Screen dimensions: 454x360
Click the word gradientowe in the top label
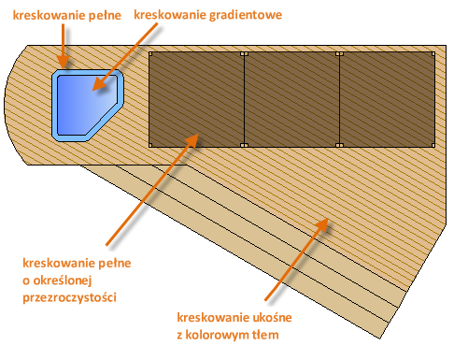[x=246, y=15]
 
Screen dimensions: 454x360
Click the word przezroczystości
[x=69, y=297]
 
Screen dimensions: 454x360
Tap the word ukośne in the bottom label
[x=272, y=317]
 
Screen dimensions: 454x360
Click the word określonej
[x=63, y=281]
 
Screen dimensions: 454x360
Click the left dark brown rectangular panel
[x=196, y=99]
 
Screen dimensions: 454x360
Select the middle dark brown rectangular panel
[x=291, y=99]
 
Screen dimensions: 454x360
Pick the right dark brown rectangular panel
[x=387, y=99]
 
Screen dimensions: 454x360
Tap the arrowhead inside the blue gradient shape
[x=99, y=84]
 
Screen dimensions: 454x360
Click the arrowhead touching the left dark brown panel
[x=192, y=140]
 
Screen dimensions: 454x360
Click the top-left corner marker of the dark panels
[x=150, y=54]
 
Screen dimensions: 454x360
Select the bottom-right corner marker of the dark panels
[x=433, y=145]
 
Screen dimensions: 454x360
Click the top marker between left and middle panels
[x=245, y=54]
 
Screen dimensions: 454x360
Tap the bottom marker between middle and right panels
[x=340, y=145]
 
